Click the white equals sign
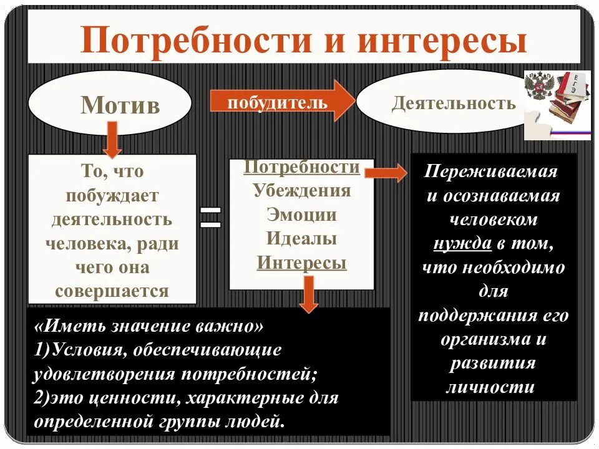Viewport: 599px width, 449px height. (x=211, y=218)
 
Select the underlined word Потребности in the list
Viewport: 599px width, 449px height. (x=301, y=168)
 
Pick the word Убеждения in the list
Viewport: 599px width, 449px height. (x=301, y=191)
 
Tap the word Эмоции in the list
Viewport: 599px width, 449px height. (x=301, y=215)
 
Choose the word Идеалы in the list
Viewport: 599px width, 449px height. (x=301, y=239)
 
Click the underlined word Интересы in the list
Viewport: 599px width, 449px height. (x=301, y=263)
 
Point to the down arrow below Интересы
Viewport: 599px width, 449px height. (x=308, y=295)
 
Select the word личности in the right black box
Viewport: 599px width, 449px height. (x=490, y=387)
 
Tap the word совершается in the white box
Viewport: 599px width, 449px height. (x=112, y=291)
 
